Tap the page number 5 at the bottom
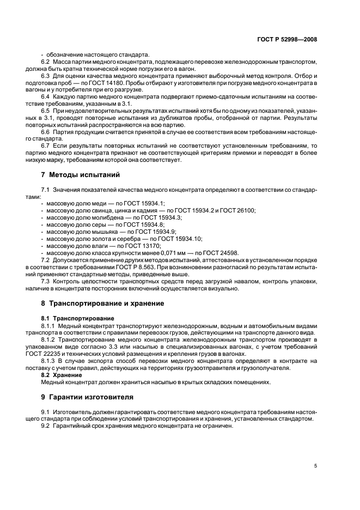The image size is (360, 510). click(315, 465)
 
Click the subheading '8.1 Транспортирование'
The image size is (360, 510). click(78, 318)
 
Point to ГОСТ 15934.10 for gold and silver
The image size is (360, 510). click(181, 238)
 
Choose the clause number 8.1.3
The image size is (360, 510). click(49, 361)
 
